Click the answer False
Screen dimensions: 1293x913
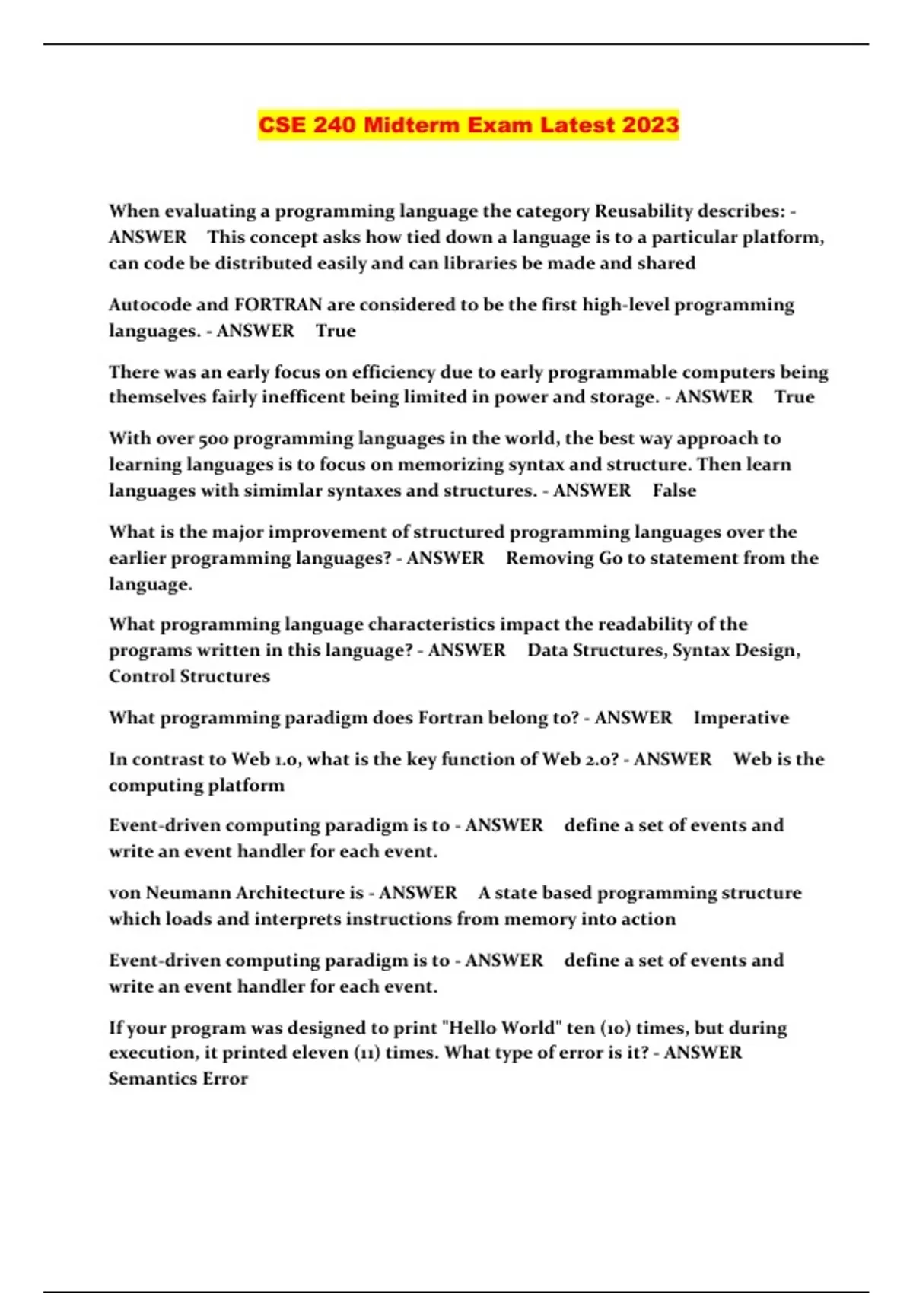point(674,491)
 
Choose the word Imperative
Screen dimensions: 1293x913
point(741,718)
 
